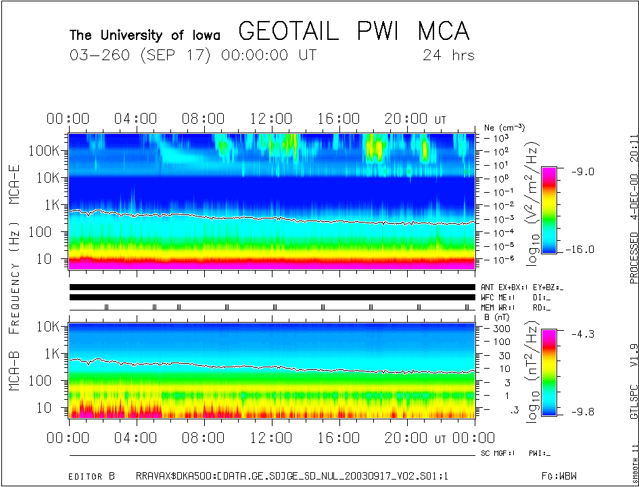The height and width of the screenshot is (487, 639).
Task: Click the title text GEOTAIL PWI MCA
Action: (x=354, y=31)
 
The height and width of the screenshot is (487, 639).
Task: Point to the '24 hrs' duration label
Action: (x=448, y=55)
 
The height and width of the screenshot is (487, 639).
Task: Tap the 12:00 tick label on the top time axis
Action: (x=271, y=119)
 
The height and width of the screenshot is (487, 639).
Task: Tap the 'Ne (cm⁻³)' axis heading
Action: (x=504, y=127)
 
